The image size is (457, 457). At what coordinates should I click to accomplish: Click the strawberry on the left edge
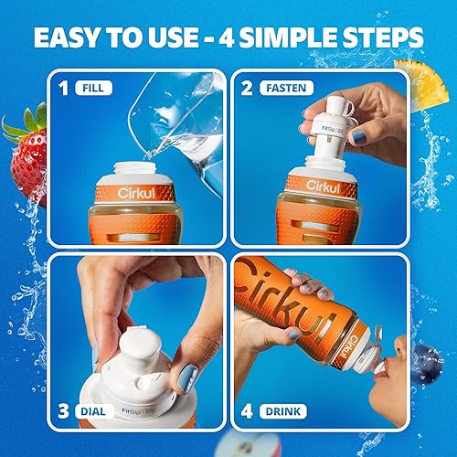click(x=27, y=155)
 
